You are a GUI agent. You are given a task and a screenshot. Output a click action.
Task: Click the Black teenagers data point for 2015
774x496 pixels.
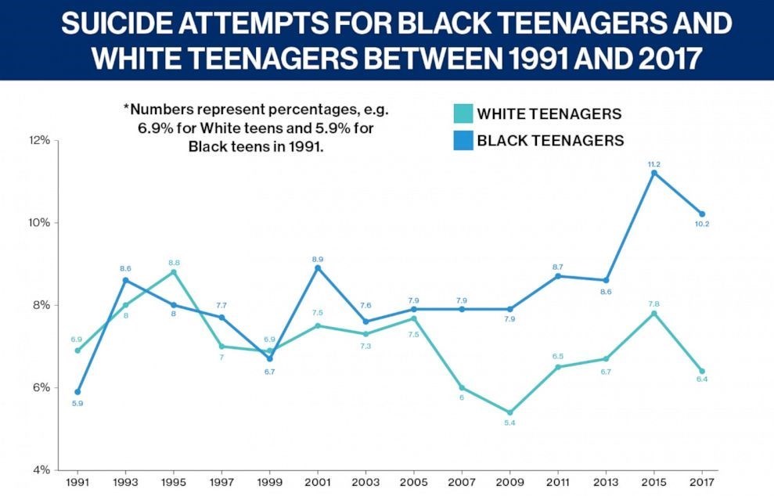(654, 172)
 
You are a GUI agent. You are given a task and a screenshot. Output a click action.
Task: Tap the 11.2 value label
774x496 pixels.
(654, 164)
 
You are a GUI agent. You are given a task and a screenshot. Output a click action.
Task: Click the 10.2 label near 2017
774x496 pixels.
(702, 225)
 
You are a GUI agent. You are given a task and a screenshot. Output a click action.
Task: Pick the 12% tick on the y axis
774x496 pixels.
(40, 140)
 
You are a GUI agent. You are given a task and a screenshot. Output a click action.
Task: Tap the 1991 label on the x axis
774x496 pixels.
(77, 483)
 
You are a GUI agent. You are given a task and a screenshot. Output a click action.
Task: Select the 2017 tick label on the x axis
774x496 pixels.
(702, 483)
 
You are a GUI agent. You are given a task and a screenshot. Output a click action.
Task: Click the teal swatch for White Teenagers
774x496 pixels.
(463, 114)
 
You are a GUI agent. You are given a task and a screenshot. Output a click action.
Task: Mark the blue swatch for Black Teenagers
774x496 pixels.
(463, 141)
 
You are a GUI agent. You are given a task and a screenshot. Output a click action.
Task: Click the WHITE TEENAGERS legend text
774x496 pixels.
(549, 114)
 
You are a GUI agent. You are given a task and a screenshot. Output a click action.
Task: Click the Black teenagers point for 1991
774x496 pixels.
(77, 391)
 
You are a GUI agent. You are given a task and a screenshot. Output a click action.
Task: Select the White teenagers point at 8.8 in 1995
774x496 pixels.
(174, 272)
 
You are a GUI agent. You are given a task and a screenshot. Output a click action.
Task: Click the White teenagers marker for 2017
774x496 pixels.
(702, 371)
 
